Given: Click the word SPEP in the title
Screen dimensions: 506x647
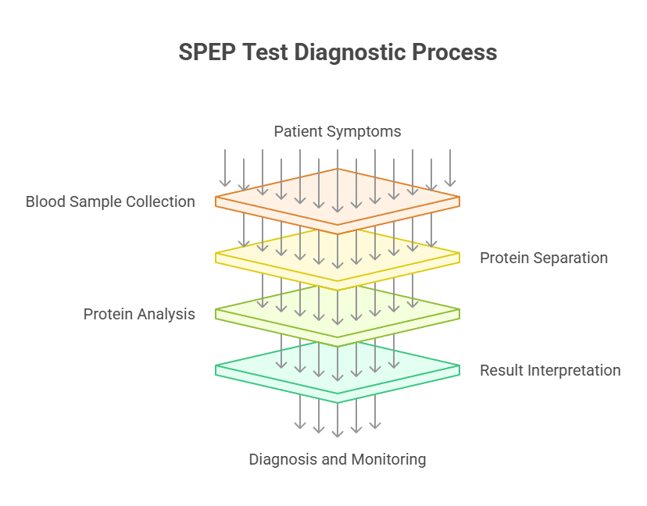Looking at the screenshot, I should click(x=205, y=52).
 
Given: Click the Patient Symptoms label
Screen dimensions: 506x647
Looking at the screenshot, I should click(x=338, y=131).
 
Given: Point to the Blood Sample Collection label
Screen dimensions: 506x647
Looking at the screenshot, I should click(x=110, y=201).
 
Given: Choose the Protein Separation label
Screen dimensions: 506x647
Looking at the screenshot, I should click(x=544, y=258).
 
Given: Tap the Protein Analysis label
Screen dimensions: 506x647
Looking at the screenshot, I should click(x=139, y=314).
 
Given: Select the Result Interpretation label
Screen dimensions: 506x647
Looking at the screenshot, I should click(x=550, y=370).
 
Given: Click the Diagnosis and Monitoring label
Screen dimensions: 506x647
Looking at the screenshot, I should click(x=338, y=459).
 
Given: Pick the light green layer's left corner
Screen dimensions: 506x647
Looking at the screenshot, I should click(x=217, y=311).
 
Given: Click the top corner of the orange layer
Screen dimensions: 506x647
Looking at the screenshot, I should click(x=338, y=169).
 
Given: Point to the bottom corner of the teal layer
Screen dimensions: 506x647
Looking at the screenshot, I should click(x=338, y=401).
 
